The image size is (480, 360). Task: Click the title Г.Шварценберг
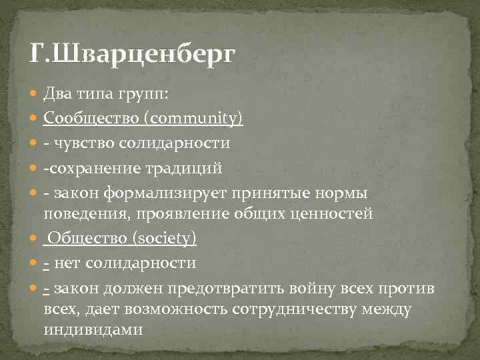click(133, 53)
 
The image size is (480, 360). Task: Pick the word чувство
click(78, 143)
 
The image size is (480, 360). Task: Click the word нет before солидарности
click(67, 263)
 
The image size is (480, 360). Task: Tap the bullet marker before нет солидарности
click(35, 263)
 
